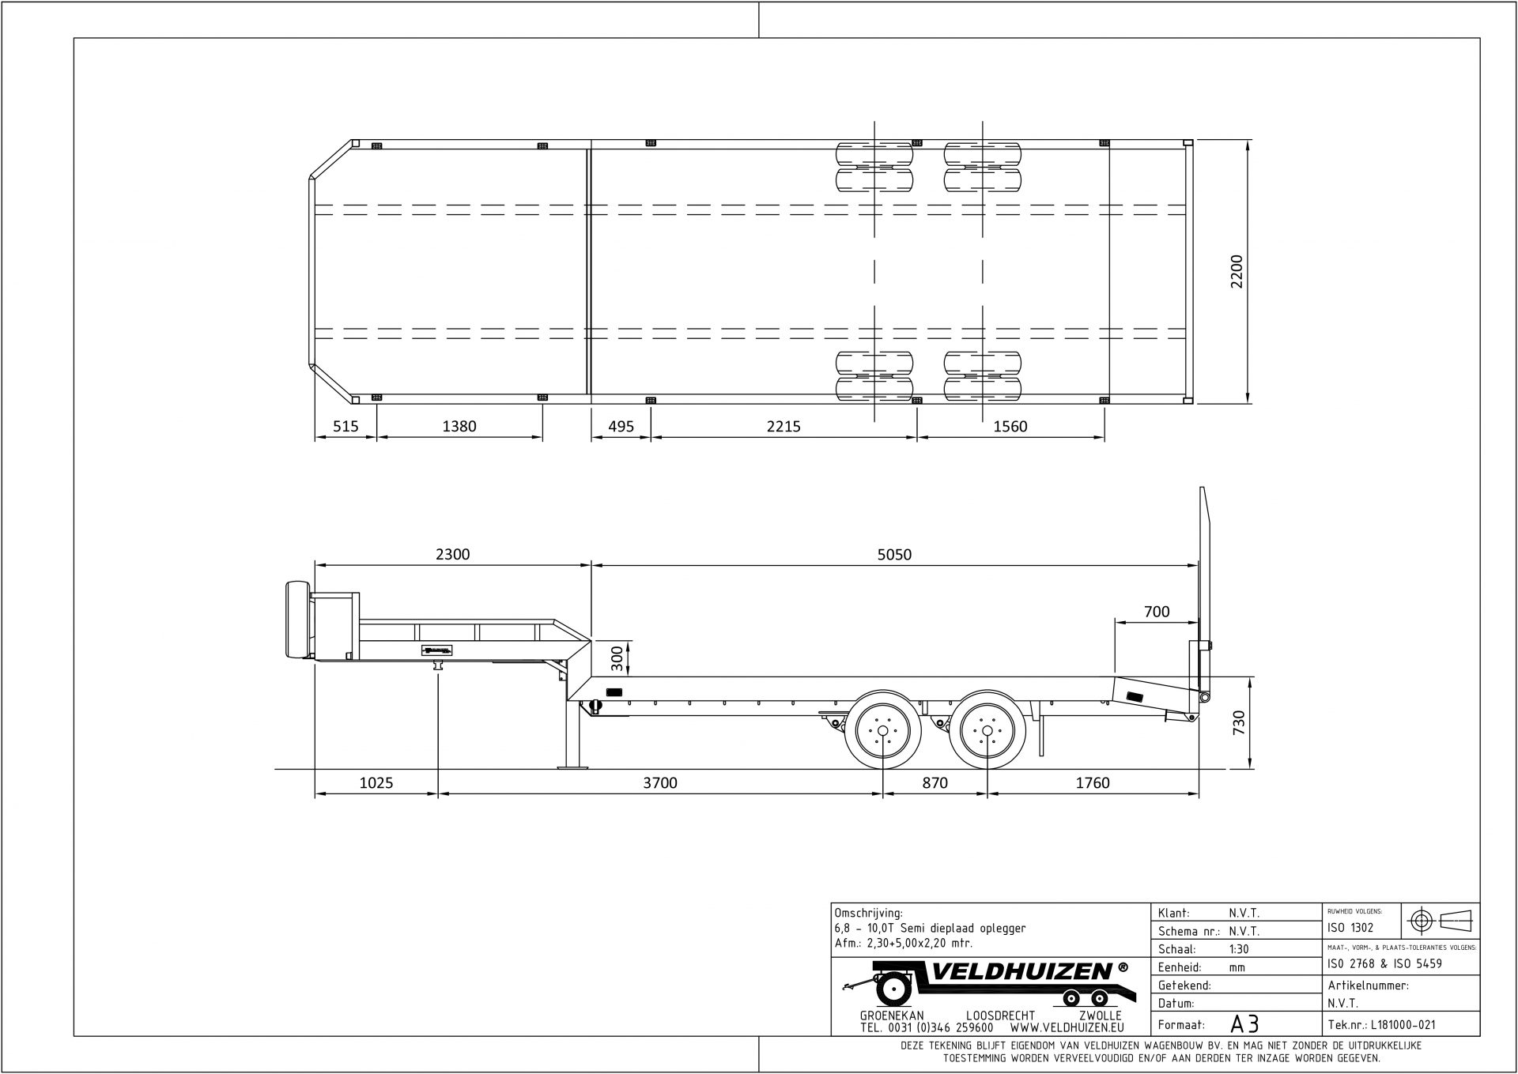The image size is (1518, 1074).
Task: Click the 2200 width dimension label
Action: click(x=1237, y=271)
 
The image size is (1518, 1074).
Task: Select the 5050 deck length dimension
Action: click(x=894, y=555)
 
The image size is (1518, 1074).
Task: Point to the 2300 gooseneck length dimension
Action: click(x=452, y=555)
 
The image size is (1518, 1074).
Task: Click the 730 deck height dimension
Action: click(x=1238, y=723)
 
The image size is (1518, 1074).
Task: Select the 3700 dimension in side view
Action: click(x=659, y=783)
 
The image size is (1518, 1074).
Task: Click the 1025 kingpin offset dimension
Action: click(x=376, y=783)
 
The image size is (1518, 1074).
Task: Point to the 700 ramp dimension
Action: click(x=1156, y=612)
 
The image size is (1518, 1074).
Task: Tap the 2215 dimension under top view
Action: click(x=783, y=427)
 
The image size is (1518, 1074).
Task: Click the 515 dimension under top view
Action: click(x=346, y=427)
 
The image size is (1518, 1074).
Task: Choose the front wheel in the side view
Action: click(x=882, y=731)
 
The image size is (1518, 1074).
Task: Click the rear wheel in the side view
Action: click(x=986, y=731)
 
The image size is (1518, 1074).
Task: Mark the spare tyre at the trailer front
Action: click(x=298, y=620)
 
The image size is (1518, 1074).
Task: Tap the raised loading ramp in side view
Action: click(x=1204, y=585)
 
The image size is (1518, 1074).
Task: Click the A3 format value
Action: click(x=1244, y=1024)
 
